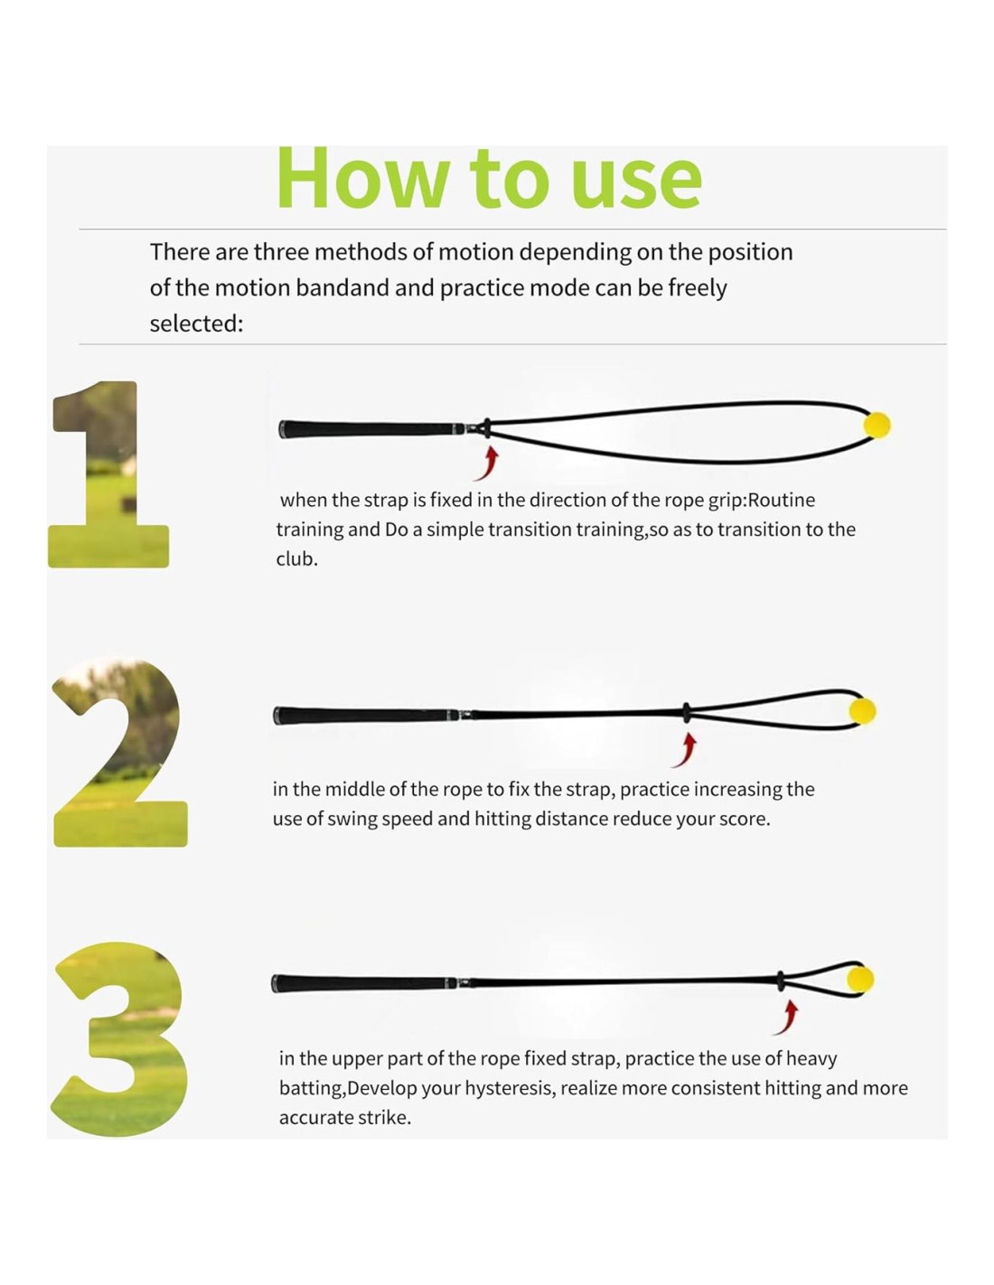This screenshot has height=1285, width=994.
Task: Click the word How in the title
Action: (x=361, y=179)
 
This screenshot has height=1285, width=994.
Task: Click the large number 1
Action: (x=108, y=474)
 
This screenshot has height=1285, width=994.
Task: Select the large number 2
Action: (x=118, y=752)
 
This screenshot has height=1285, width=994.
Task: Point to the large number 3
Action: (x=121, y=1039)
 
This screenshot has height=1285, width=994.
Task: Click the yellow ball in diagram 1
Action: (x=877, y=425)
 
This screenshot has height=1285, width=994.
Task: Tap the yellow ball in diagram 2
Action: (x=862, y=711)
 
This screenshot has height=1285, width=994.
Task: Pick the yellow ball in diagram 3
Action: (x=859, y=979)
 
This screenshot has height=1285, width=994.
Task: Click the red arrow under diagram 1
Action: (x=487, y=464)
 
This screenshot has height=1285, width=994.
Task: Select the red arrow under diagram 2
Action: (x=685, y=750)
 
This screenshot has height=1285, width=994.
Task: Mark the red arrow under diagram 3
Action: (x=786, y=1018)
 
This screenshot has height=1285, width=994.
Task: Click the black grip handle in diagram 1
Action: (x=372, y=428)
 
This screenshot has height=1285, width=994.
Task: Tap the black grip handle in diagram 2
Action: (x=366, y=716)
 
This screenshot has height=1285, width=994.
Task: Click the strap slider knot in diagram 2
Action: (x=687, y=713)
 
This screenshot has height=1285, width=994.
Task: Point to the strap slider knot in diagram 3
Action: (x=781, y=980)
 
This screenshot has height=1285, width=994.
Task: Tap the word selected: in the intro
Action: (x=196, y=324)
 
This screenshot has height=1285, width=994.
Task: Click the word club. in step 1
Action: (x=296, y=558)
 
